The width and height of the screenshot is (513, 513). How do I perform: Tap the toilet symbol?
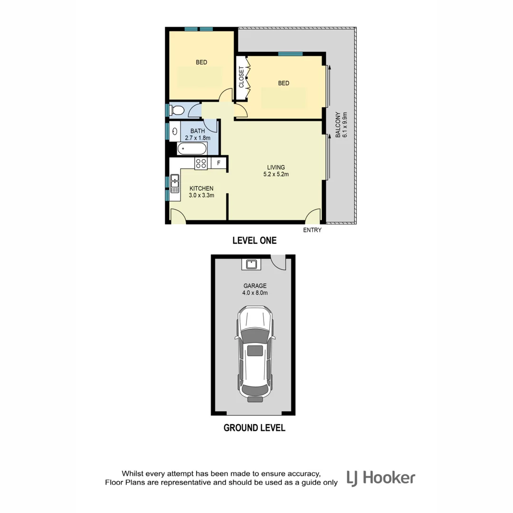coord(177,110)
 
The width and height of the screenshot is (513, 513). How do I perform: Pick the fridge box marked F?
coord(218,163)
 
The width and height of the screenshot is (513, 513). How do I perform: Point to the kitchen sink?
coord(175,183)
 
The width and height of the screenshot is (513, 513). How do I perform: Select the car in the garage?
coord(255,353)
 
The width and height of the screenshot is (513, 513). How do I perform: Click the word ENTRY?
coord(312,230)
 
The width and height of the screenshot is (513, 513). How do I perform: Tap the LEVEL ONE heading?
coord(254,241)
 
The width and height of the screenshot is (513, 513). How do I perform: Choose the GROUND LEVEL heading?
coord(254,428)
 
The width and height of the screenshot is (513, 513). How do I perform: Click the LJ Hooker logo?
coord(380,478)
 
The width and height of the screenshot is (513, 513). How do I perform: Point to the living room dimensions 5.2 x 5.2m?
coord(276,174)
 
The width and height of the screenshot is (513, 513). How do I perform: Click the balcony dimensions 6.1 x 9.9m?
coord(345,124)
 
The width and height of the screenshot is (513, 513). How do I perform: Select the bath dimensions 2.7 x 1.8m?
coord(197,138)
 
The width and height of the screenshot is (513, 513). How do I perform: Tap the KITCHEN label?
coord(201,188)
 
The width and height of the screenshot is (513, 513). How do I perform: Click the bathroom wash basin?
coord(175,131)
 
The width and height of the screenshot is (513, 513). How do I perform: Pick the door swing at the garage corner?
coord(277,262)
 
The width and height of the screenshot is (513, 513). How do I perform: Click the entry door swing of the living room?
coord(313,216)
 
